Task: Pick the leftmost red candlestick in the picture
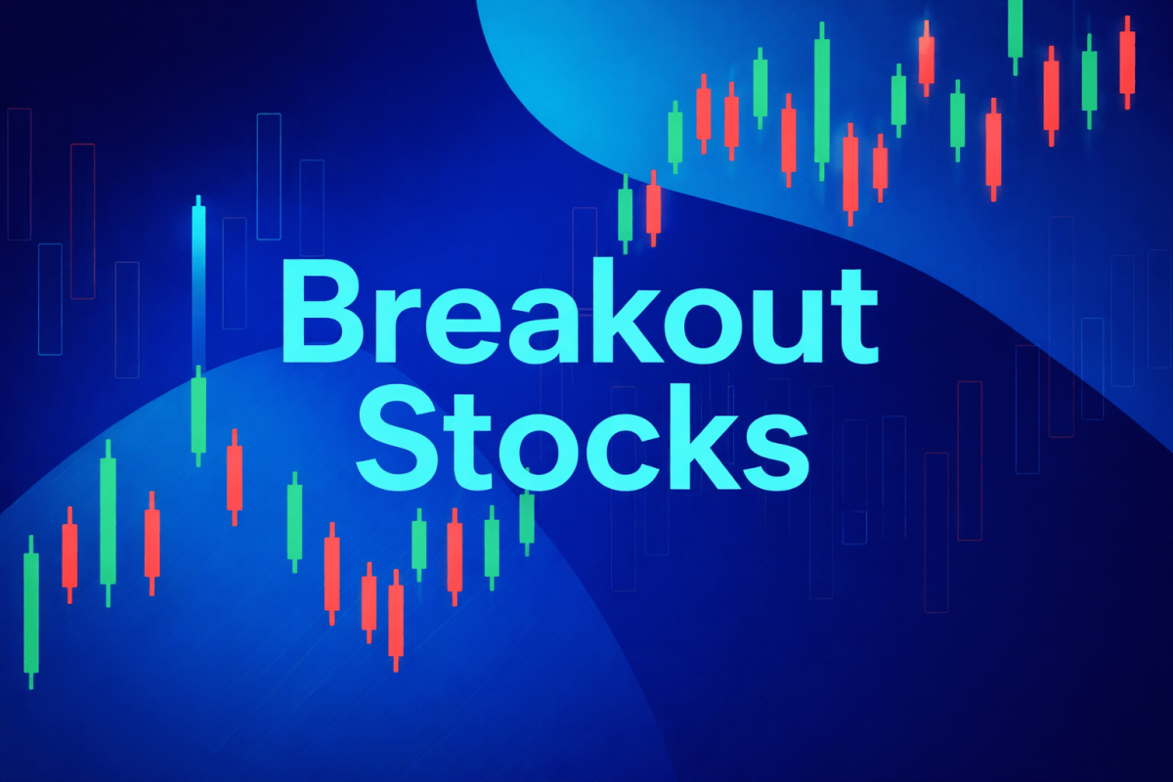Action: tap(69, 554)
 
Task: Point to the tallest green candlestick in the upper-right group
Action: tap(821, 103)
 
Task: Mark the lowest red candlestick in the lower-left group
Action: tap(396, 621)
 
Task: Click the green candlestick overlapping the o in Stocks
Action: tap(527, 516)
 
